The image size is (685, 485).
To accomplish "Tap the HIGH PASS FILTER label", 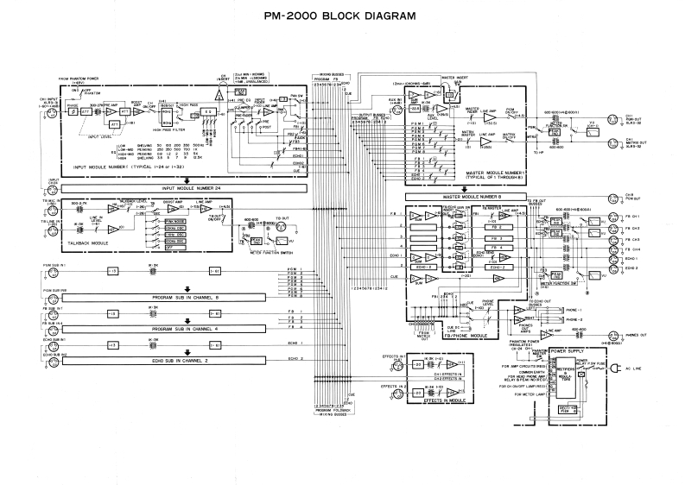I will click(x=174, y=129).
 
